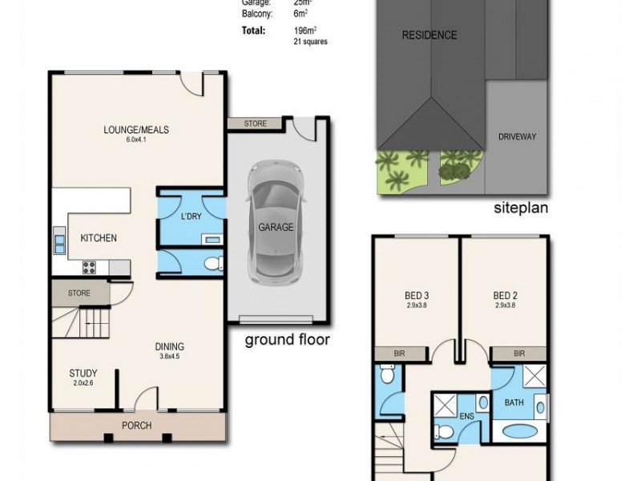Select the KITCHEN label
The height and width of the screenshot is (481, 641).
click(x=99, y=238)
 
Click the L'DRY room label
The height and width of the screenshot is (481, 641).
click(x=191, y=217)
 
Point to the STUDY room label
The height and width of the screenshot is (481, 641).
click(x=83, y=373)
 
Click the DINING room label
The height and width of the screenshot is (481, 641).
click(x=170, y=347)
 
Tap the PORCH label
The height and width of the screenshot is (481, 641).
click(x=137, y=426)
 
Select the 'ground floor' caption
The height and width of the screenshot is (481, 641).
click(x=287, y=340)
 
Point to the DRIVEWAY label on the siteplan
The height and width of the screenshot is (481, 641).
click(x=517, y=136)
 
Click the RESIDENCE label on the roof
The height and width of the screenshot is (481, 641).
click(x=429, y=35)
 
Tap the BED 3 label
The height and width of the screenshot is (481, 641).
click(x=415, y=294)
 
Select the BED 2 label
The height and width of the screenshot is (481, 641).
click(x=504, y=294)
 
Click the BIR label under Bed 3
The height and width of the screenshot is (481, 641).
click(x=400, y=352)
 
